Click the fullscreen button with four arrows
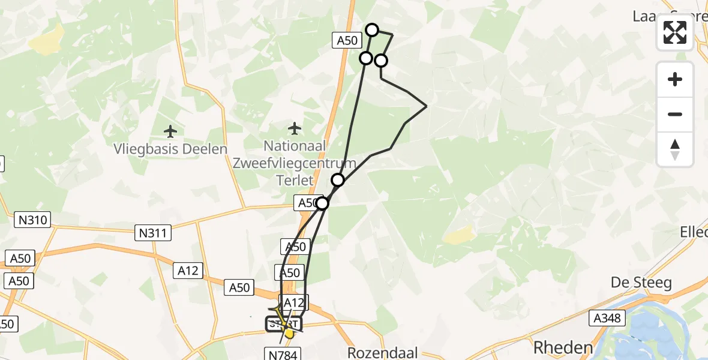(x=675, y=32)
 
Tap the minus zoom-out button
(x=675, y=115)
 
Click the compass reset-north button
(x=675, y=149)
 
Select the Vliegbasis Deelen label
(x=171, y=149)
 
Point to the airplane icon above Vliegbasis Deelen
(x=171, y=131)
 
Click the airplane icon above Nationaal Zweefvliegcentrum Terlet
(x=294, y=128)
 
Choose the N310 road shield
(x=33, y=220)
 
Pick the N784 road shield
(x=281, y=353)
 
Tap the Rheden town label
(x=563, y=347)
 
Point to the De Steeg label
(x=641, y=283)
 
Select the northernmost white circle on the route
(x=372, y=30)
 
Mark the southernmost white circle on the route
(x=322, y=203)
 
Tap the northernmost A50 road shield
(x=347, y=41)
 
